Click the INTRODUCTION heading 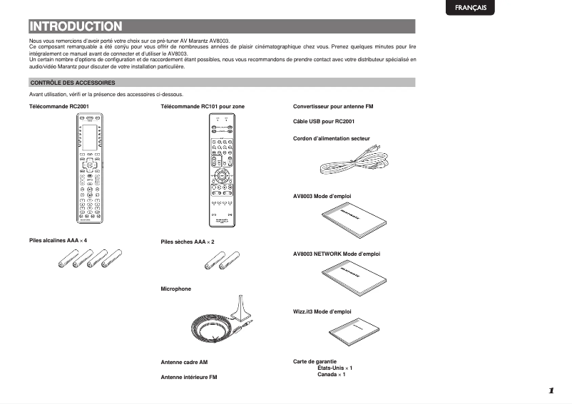click(76, 27)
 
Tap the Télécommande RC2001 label click(58, 106)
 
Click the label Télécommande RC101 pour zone click(203, 106)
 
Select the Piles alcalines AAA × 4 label click(58, 240)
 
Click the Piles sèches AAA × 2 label click(188, 242)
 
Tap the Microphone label click(176, 289)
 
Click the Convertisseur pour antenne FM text click(333, 106)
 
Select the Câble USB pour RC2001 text click(324, 122)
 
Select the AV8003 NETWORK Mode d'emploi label click(337, 254)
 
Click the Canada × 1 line click(332, 374)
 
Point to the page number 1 click(551, 390)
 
